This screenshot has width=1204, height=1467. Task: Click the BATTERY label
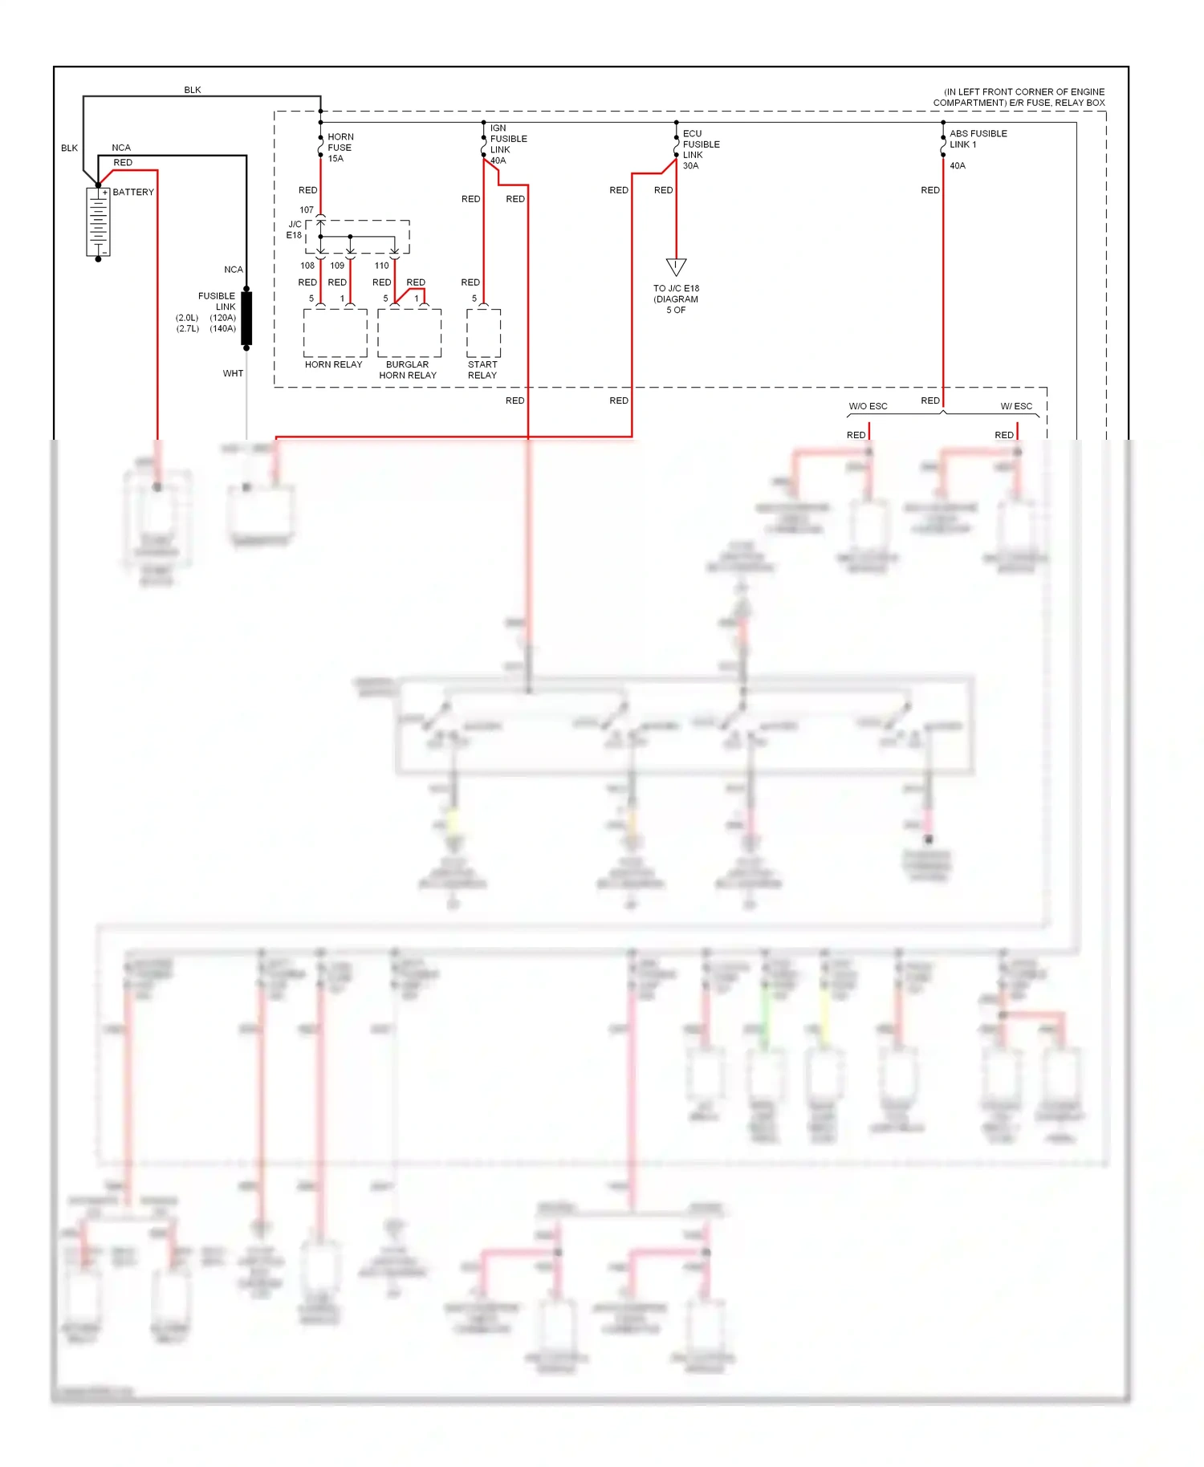pyautogui.click(x=133, y=193)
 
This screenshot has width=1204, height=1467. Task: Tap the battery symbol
pyautogui.click(x=98, y=222)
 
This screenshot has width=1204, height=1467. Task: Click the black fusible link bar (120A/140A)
pyautogui.click(x=246, y=319)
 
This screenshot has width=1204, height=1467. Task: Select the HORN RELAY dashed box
pyautogui.click(x=336, y=333)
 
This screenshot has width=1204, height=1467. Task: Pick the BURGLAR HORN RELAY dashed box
pyautogui.click(x=409, y=333)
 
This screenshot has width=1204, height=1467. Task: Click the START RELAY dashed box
pyautogui.click(x=484, y=333)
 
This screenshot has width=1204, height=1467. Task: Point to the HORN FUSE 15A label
pyautogui.click(x=340, y=148)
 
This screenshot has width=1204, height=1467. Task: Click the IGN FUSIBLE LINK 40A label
pyautogui.click(x=507, y=144)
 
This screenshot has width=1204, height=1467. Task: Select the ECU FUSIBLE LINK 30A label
pyautogui.click(x=700, y=150)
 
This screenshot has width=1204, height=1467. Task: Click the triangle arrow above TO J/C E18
pyautogui.click(x=676, y=266)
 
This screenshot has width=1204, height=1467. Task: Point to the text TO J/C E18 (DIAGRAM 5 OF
pyautogui.click(x=676, y=299)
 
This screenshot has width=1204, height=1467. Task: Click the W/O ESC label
pyautogui.click(x=868, y=406)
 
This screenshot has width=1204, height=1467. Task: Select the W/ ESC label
pyautogui.click(x=1016, y=406)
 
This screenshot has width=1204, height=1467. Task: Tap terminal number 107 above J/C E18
pyautogui.click(x=307, y=210)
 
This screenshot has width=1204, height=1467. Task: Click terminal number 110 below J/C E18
pyautogui.click(x=381, y=266)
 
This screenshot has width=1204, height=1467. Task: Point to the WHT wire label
pyautogui.click(x=233, y=374)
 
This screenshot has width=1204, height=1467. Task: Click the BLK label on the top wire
pyautogui.click(x=193, y=90)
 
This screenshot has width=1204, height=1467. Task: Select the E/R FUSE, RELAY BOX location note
pyautogui.click(x=1019, y=97)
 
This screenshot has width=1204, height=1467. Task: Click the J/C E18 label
pyautogui.click(x=295, y=230)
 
